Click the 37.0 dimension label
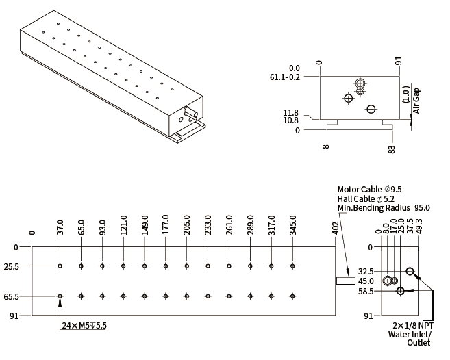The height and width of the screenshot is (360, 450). tap(60, 227)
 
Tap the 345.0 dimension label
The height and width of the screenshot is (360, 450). tap(292, 225)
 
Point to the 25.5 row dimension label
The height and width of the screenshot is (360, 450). tap(12, 266)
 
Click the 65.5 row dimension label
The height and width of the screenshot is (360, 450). tap(12, 296)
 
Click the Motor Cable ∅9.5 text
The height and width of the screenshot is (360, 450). tap(369, 189)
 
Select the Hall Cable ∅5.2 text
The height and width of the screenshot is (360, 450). tap(366, 198)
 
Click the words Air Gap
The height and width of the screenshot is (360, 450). tap(416, 99)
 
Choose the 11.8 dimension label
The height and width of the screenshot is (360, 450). tap(292, 113)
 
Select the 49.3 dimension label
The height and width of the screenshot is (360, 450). tap(419, 227)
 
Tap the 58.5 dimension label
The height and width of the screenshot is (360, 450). tap(366, 292)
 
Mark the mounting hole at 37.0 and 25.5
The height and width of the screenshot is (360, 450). tap(60, 266)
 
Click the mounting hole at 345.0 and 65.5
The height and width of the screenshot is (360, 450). tap(292, 296)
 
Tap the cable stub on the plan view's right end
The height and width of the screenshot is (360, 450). tap(345, 281)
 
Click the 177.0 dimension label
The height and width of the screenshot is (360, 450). tap(166, 225)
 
